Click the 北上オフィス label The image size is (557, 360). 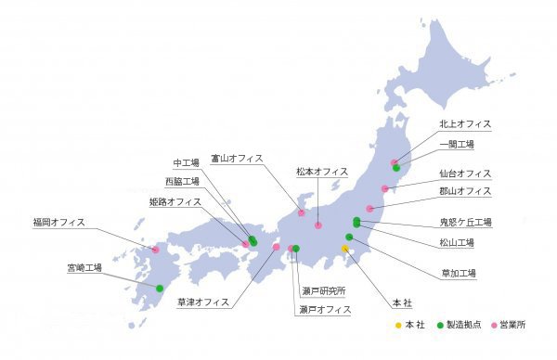tap(465, 123)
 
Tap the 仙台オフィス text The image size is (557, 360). tap(465, 174)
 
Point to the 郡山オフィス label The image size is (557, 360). tap(465, 191)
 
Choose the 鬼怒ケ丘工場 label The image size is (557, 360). tap(465, 222)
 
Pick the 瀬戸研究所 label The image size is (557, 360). tap(323, 290)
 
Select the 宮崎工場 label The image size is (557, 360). tap(84, 267)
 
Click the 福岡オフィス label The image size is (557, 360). tap(58, 222)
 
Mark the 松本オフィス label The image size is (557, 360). tap(322, 172)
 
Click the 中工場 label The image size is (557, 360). tap(191, 163)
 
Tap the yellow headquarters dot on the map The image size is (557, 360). tap(344, 249)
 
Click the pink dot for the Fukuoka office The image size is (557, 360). tap(155, 250)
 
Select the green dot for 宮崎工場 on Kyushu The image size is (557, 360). tap(160, 288)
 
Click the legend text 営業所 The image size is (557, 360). tap(512, 326)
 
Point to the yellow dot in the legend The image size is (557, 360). tap(397, 326)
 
